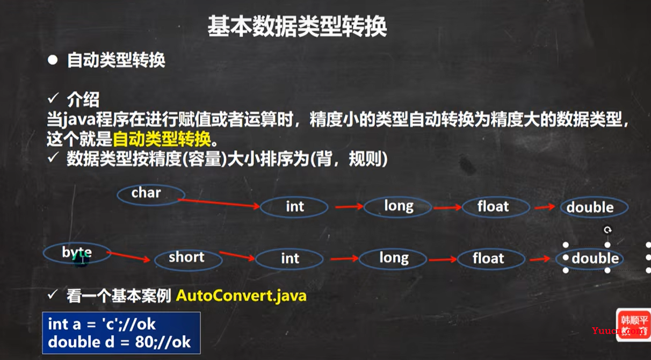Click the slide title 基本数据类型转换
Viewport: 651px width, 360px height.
[x=297, y=26]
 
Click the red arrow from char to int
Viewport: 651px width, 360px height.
[x=219, y=203]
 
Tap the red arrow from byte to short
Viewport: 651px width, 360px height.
[x=128, y=256]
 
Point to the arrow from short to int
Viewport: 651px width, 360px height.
[x=237, y=256]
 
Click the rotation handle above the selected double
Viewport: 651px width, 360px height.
[x=607, y=230]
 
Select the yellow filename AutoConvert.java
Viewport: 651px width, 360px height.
[x=241, y=296]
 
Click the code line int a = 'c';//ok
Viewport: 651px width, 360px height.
[x=102, y=324]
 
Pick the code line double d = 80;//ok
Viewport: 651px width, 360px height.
[x=119, y=342]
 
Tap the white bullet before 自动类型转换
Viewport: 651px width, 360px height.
[x=53, y=60]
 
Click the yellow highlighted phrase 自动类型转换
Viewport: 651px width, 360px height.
[x=162, y=139]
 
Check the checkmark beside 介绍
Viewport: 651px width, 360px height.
[x=53, y=98]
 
